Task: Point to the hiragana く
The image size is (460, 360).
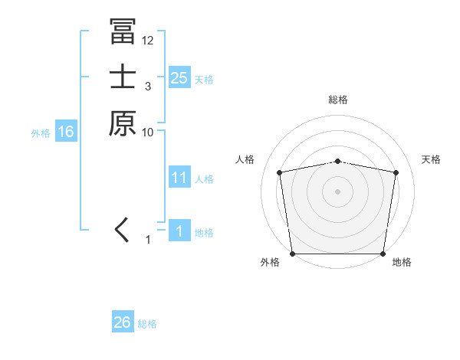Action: pyautogui.click(x=122, y=229)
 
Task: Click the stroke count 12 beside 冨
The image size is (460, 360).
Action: pyautogui.click(x=148, y=41)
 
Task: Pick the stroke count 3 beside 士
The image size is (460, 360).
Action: pyautogui.click(x=147, y=87)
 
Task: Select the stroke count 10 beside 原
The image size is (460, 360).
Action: pyautogui.click(x=148, y=132)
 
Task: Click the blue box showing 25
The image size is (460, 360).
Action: pyautogui.click(x=179, y=77)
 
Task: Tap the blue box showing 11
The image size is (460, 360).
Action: pyautogui.click(x=179, y=178)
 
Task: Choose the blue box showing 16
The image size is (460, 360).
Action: pyautogui.click(x=66, y=132)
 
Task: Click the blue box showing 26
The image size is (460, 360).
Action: pyautogui.click(x=122, y=322)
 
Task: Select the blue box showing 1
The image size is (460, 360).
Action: pyautogui.click(x=179, y=231)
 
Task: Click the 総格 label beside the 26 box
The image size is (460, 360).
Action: pyautogui.click(x=147, y=324)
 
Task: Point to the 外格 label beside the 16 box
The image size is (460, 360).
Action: pyautogui.click(x=41, y=133)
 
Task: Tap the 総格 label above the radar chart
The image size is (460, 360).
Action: pyautogui.click(x=338, y=100)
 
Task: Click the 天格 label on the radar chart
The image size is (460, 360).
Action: pyautogui.click(x=432, y=159)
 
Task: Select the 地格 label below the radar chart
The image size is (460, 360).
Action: pyautogui.click(x=402, y=262)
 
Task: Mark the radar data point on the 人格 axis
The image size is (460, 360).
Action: pyautogui.click(x=280, y=172)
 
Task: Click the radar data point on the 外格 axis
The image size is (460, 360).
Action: pyautogui.click(x=293, y=254)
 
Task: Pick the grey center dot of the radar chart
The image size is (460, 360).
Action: pyautogui.click(x=338, y=191)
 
